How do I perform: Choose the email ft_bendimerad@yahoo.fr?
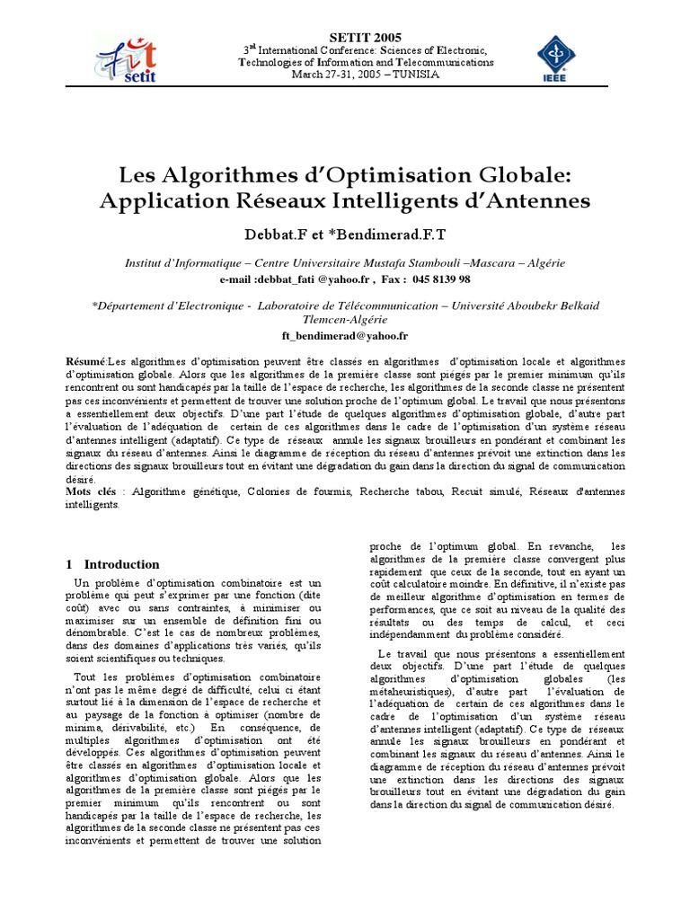(345, 335)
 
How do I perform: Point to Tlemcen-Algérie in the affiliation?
(345, 319)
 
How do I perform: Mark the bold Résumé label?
(85, 359)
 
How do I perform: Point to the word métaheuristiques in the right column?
(416, 692)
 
